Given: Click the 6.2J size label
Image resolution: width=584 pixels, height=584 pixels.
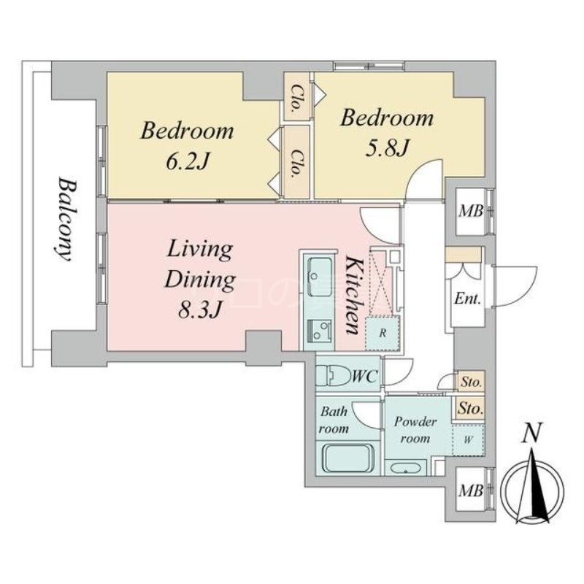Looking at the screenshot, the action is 186,161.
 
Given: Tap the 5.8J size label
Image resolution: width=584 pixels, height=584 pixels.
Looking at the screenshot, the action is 388,148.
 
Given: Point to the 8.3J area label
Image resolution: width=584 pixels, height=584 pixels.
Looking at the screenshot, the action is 199,310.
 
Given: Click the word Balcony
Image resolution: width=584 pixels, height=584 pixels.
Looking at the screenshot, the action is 64,220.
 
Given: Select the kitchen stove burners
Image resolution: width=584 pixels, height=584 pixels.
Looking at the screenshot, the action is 320,331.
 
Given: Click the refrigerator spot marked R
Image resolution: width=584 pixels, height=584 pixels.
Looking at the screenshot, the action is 383,333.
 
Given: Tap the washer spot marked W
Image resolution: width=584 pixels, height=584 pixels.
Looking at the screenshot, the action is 469,440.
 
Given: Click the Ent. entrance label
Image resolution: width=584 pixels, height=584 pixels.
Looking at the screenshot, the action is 467,299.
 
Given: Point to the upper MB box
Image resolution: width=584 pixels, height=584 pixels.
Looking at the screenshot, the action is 470,212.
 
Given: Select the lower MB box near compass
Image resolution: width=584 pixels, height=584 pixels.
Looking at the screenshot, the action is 470,490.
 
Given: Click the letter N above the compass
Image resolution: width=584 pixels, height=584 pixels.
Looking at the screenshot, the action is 531,433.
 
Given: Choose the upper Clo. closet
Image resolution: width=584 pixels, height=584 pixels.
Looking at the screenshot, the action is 296,96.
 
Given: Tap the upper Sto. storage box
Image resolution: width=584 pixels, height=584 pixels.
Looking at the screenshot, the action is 471,381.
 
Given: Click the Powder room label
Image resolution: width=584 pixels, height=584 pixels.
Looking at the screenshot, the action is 415,430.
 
